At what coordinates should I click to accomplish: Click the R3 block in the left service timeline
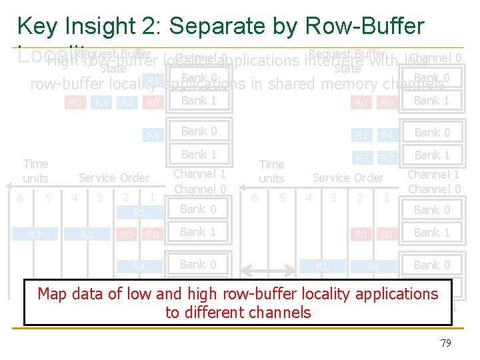coord(35,234)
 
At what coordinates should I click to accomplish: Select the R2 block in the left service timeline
coord(87,234)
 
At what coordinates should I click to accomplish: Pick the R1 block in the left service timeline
coord(139,213)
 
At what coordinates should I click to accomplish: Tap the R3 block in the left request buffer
coord(101,102)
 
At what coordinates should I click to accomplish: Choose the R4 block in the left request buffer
coord(153,135)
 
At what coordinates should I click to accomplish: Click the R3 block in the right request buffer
coord(361,158)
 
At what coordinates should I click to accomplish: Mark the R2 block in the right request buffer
coord(386,158)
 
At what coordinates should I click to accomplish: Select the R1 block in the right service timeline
coord(322,267)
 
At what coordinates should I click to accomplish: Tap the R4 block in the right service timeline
coord(373,267)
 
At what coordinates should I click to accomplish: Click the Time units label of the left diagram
coord(35,171)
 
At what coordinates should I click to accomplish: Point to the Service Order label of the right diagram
coord(348,178)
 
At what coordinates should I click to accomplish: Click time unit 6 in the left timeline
coord(21,198)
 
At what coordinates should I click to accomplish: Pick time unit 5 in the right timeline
coord(283,198)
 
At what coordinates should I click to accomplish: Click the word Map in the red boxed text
coord(52,294)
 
